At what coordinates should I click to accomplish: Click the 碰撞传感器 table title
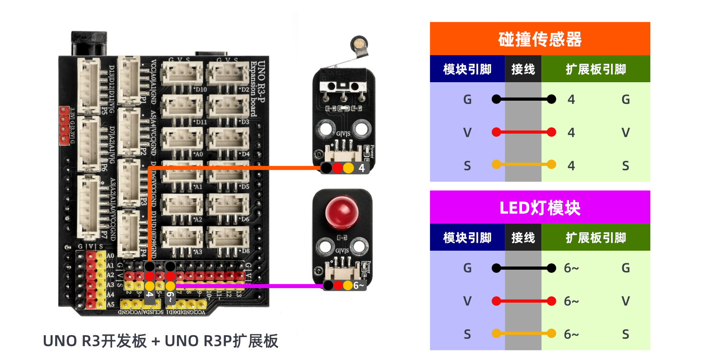540,39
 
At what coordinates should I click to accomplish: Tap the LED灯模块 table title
540,208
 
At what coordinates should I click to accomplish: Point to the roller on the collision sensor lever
359,44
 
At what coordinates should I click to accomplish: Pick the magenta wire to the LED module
248,286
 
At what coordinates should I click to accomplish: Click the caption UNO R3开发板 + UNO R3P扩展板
160,341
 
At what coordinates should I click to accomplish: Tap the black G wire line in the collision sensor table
524,99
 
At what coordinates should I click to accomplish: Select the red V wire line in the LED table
524,301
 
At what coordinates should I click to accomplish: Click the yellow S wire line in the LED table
524,334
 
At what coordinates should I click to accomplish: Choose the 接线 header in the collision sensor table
523,69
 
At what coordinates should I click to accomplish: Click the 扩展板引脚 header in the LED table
596,238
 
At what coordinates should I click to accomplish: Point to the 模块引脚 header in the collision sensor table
467,69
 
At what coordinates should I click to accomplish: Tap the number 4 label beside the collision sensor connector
362,168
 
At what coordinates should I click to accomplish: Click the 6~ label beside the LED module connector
359,285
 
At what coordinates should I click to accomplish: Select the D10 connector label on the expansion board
201,89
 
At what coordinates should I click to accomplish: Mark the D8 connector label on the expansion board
245,251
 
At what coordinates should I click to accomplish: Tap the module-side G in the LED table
467,268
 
